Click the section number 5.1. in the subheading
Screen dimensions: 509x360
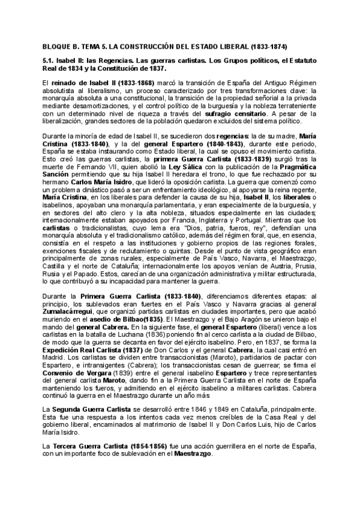(x=49, y=61)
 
